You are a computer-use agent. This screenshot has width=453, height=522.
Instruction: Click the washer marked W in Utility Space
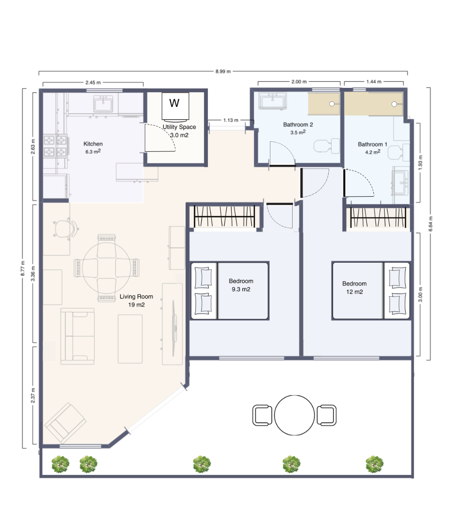(x=174, y=106)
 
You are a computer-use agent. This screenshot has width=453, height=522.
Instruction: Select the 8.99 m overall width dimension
(x=223, y=71)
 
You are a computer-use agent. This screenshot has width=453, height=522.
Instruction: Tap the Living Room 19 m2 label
(x=136, y=301)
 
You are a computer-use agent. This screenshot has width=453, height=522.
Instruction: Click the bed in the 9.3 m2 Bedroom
(x=230, y=291)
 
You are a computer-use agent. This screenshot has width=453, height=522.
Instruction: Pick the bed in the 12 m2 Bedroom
(x=371, y=291)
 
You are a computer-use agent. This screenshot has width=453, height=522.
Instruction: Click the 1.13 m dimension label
(x=230, y=120)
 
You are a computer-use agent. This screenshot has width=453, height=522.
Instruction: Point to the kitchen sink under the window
(x=103, y=104)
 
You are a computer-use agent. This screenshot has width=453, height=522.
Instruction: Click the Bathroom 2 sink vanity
(x=273, y=101)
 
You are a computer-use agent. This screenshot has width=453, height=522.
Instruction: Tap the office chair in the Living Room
(x=64, y=228)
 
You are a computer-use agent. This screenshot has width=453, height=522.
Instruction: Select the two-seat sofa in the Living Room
(x=77, y=336)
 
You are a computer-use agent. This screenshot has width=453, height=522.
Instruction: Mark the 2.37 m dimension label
(x=33, y=396)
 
